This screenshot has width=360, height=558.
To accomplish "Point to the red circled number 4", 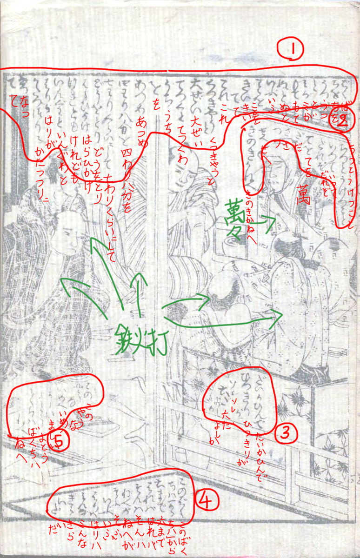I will pyautogui.click(x=207, y=500).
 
